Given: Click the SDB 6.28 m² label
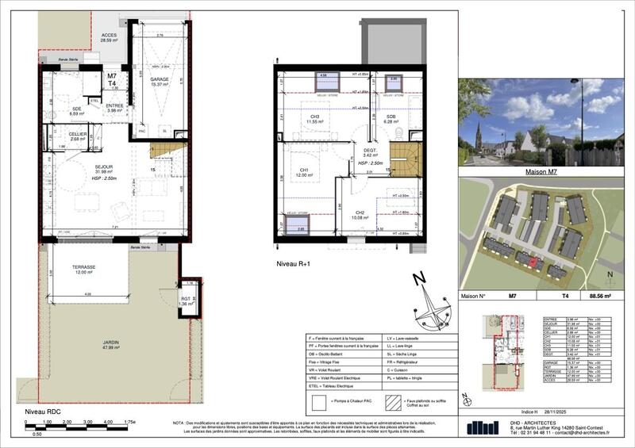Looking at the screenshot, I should point(391,119).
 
